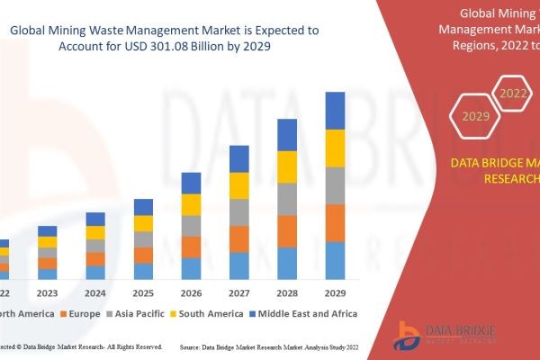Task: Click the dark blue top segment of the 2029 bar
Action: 335,111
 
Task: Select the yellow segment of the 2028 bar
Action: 287,166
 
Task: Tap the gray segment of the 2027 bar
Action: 238,212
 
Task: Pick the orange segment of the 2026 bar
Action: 191,247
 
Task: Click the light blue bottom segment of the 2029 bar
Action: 335,260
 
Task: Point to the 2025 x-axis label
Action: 143,292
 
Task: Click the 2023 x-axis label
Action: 47,292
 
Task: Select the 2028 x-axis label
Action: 287,292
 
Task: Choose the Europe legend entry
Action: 83,313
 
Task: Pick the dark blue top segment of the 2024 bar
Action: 95,219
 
